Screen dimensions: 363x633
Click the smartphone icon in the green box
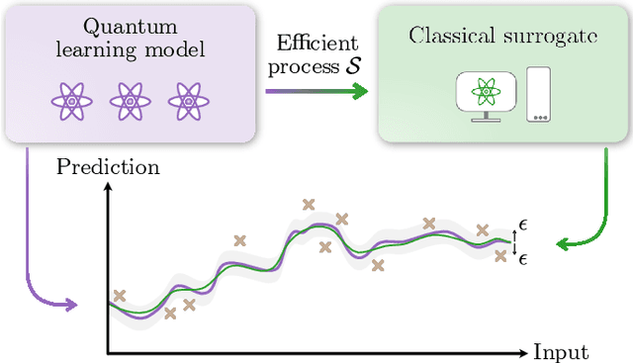click(539, 94)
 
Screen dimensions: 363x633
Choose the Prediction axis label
click(108, 167)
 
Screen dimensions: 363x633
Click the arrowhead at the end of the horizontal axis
click(521, 352)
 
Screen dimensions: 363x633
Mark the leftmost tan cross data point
click(120, 295)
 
